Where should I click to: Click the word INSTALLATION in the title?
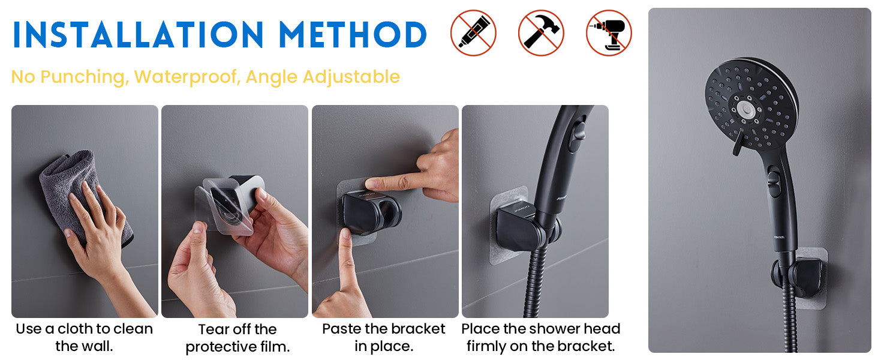point(138,35)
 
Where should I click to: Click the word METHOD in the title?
point(353,35)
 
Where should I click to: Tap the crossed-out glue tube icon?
point(473,33)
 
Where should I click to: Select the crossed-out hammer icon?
point(541,33)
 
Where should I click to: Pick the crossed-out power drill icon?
point(609,33)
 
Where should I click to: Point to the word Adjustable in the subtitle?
point(351,77)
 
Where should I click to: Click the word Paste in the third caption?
point(339,329)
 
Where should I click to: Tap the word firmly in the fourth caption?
point(487,346)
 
